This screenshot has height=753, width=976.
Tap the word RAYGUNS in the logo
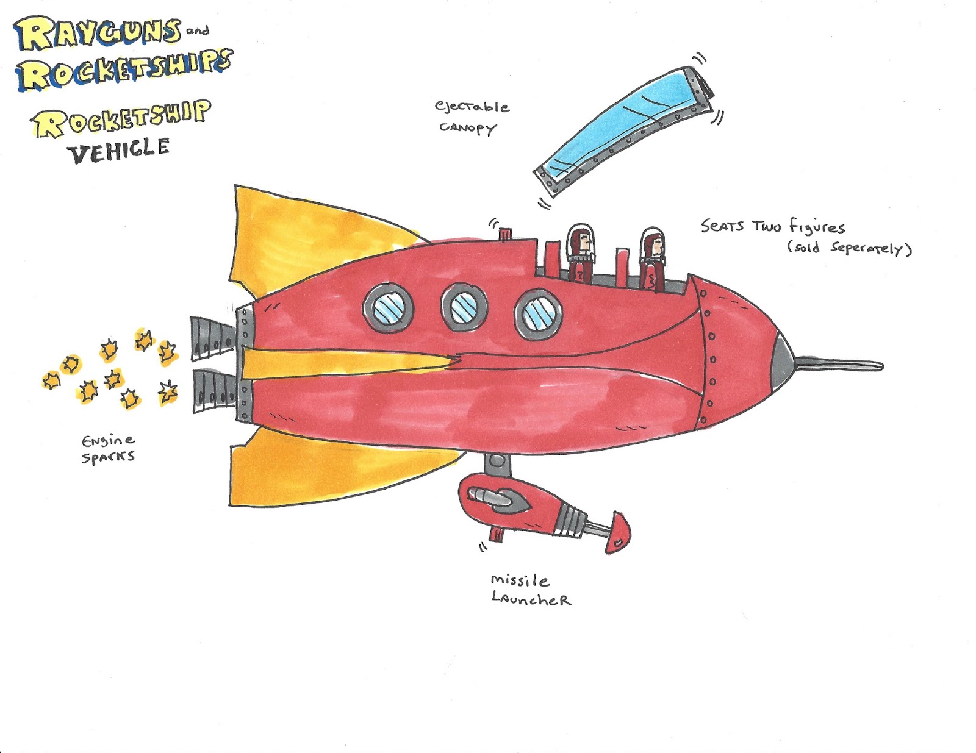coord(98,34)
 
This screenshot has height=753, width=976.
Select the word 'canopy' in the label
coord(468,128)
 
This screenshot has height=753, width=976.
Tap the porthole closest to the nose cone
coord(539,314)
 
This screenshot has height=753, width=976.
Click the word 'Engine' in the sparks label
coord(108,441)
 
